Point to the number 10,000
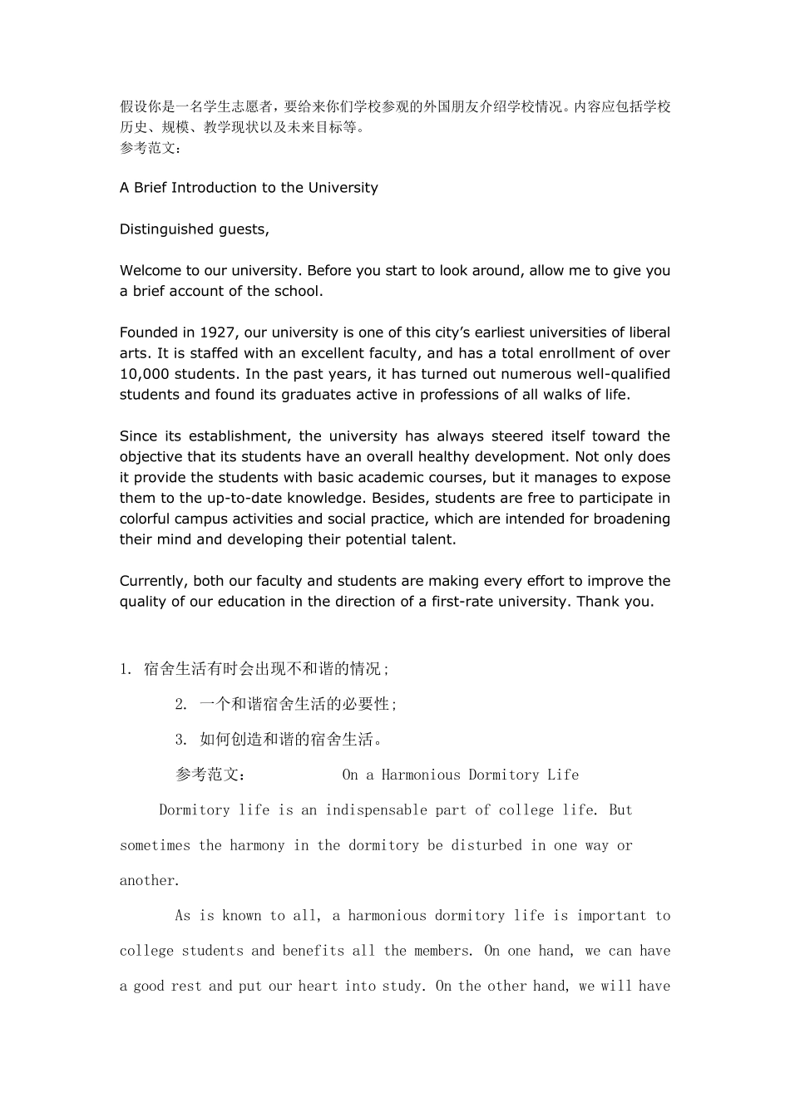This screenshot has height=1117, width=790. coord(145,374)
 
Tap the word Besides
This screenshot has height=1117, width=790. coord(401,498)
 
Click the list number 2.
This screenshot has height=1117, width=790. coord(180,705)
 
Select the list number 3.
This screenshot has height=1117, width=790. coord(180,740)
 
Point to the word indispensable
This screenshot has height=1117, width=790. coord(375,810)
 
